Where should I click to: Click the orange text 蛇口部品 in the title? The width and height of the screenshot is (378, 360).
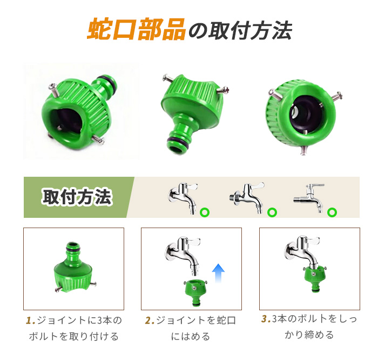tap(136, 29)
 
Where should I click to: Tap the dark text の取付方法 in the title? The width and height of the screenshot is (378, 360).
tap(240, 31)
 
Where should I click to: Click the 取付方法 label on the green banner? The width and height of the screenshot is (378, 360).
tap(77, 197)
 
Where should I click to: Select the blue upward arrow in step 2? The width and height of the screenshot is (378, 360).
tap(218, 273)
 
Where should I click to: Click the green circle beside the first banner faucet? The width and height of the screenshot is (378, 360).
tap(205, 212)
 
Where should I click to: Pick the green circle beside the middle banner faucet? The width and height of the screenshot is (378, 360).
tap(272, 212)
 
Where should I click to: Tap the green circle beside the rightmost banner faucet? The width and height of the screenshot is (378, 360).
tap(332, 212)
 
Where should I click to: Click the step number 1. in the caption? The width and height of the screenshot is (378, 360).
tap(31, 321)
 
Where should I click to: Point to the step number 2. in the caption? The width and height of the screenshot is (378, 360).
tap(150, 321)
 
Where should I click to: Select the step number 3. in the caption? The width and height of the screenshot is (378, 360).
tap(266, 319)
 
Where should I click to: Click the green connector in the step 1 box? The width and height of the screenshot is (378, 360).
tap(73, 268)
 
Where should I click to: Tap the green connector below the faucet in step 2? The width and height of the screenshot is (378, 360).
tap(195, 292)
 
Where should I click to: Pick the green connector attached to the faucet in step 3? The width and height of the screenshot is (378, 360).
tap(314, 278)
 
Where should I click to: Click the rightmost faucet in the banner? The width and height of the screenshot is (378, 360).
tap(310, 198)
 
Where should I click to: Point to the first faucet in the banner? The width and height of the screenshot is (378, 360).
tap(183, 197)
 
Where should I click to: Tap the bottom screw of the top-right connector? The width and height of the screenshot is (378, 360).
tap(303, 150)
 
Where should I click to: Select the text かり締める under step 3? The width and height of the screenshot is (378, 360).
tap(309, 335)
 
